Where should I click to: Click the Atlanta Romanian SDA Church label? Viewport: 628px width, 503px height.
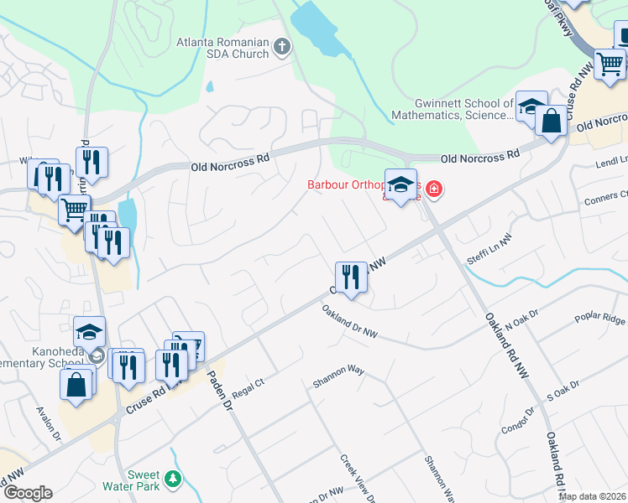point(222,48)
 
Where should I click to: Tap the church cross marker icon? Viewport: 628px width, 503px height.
point(282,48)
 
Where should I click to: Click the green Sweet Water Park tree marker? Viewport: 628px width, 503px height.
point(173,479)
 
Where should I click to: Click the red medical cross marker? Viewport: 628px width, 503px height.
point(433,189)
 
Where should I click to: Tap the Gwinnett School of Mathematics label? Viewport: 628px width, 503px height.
point(453,110)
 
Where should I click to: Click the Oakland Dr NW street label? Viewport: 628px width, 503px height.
point(349,322)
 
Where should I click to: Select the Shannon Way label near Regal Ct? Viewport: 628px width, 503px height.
point(338,375)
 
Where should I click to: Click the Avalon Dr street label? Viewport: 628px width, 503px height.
point(48,423)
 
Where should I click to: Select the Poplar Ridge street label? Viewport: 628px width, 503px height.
point(600,320)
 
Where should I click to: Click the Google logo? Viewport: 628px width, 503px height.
point(27,493)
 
